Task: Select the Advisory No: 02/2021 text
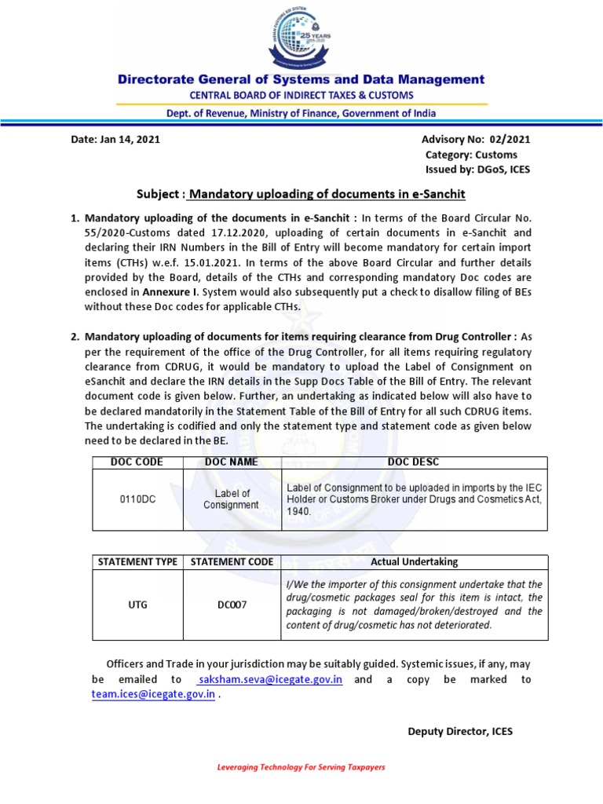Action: (x=477, y=139)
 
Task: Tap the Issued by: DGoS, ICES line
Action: (x=477, y=170)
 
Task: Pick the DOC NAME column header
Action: (x=231, y=462)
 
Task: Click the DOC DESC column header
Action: (x=413, y=462)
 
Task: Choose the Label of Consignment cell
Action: (x=231, y=499)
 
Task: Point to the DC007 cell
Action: (x=231, y=605)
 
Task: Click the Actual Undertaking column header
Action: (x=413, y=562)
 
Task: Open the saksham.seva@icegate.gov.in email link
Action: (x=270, y=679)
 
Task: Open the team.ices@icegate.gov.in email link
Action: (x=153, y=694)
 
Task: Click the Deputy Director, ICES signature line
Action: (x=460, y=731)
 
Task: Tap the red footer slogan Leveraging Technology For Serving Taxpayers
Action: (x=301, y=767)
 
